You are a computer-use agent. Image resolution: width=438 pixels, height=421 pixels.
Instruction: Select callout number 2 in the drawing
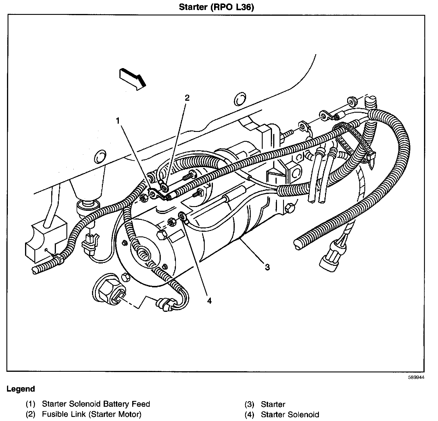point(187,98)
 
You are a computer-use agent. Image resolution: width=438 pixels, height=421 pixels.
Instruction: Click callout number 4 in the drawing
point(209,300)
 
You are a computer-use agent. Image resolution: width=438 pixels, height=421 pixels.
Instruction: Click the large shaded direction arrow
point(132,78)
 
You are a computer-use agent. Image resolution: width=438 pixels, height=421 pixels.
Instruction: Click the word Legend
point(21,389)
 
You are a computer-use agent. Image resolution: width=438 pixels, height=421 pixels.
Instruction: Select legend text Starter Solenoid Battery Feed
point(96,404)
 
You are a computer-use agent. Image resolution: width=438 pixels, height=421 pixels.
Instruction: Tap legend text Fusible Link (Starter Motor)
point(91,414)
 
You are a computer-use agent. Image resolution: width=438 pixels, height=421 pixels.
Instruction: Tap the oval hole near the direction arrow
point(240,100)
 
